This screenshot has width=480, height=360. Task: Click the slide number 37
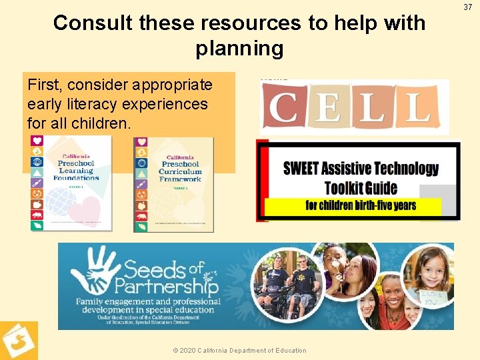pyautogui.click(x=467, y=7)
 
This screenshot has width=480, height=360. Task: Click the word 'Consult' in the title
pyautogui.click(x=93, y=23)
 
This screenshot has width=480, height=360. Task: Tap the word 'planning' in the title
pyautogui.click(x=239, y=49)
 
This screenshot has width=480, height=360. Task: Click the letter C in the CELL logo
pyautogui.click(x=281, y=107)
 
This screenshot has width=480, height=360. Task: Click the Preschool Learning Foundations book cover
pyautogui.click(x=72, y=184)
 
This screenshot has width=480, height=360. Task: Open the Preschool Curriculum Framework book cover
pyautogui.click(x=174, y=184)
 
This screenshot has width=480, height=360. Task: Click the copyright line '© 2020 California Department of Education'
pyautogui.click(x=239, y=351)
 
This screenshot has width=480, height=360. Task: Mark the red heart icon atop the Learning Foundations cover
pyautogui.click(x=37, y=141)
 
